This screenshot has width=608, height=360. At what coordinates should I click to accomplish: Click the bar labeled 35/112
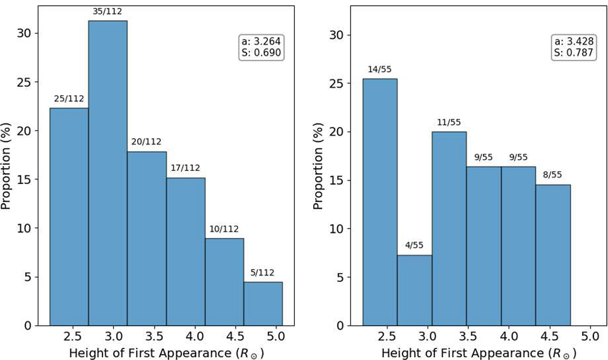(107, 172)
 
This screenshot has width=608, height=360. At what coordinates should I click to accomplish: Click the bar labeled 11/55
(449, 228)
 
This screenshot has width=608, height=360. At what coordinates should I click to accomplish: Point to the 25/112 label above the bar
(69, 98)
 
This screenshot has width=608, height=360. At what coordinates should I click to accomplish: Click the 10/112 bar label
(224, 229)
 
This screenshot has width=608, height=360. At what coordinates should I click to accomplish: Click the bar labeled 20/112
(146, 238)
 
